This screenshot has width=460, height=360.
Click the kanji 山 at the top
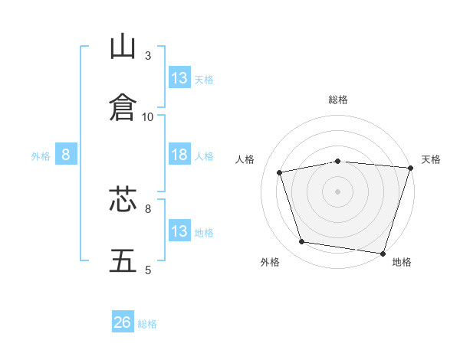123,47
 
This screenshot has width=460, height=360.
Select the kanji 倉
123,107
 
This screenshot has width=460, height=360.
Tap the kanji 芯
123,201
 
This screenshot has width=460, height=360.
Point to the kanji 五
123,261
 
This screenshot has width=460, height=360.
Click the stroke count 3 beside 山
148,56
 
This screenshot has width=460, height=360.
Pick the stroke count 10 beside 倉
148,116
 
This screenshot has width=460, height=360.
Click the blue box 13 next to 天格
179,78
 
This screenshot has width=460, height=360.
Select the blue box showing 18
179,155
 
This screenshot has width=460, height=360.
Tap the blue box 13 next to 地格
179,231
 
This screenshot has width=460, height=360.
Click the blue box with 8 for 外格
66,155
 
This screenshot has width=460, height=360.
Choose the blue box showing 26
123,322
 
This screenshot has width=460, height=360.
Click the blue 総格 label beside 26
147,324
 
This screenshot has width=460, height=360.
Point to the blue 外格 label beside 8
41,156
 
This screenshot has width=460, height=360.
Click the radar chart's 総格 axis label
338,100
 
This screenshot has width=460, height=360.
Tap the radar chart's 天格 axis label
431,159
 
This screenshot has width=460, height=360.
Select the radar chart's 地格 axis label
402,262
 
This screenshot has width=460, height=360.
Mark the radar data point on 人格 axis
280,172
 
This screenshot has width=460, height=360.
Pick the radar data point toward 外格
302,242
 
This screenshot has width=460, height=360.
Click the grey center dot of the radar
338,191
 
